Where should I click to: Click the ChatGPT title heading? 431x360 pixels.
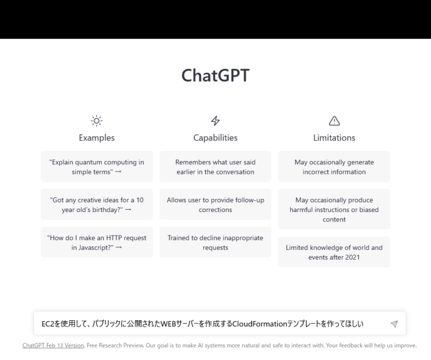pyautogui.click(x=215, y=76)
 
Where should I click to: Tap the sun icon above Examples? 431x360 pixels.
pyautogui.click(x=97, y=121)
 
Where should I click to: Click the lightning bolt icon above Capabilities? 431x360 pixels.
pyautogui.click(x=215, y=121)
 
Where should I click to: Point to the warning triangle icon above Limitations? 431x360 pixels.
pyautogui.click(x=334, y=121)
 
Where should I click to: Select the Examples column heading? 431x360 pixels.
pyautogui.click(x=97, y=137)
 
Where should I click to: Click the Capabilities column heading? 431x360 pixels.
pyautogui.click(x=215, y=137)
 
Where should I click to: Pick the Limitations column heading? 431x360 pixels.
pyautogui.click(x=334, y=137)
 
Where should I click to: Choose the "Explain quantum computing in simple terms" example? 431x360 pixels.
pyautogui.click(x=97, y=167)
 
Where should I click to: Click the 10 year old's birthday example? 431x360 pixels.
pyautogui.click(x=97, y=205)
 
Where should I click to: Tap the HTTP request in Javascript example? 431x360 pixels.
pyautogui.click(x=97, y=242)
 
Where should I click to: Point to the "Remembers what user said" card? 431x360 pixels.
pyautogui.click(x=215, y=167)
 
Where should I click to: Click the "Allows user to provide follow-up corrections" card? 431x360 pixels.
pyautogui.click(x=215, y=205)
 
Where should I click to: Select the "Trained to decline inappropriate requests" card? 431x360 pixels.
pyautogui.click(x=215, y=242)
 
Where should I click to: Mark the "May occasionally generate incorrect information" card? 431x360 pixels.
pyautogui.click(x=334, y=167)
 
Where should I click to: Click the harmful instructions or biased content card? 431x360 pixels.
pyautogui.click(x=334, y=209)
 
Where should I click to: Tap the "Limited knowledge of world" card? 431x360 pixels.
pyautogui.click(x=334, y=252)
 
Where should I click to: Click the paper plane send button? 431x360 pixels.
pyautogui.click(x=394, y=324)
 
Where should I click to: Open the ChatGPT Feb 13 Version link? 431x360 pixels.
pyautogui.click(x=53, y=345)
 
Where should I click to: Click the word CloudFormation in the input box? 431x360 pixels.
pyautogui.click(x=259, y=324)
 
